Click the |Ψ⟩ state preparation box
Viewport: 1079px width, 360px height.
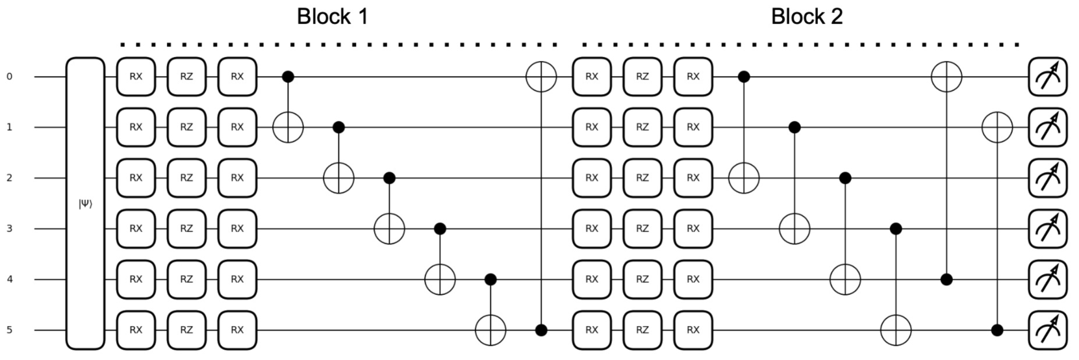point(85,203)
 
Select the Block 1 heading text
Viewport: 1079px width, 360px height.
point(332,16)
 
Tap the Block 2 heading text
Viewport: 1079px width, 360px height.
point(806,16)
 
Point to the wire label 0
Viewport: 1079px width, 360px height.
point(9,77)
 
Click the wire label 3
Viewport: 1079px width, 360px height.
point(9,229)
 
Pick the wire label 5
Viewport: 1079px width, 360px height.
point(9,330)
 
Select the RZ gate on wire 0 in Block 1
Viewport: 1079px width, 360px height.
point(186,77)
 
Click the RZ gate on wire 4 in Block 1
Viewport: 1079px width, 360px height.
point(186,279)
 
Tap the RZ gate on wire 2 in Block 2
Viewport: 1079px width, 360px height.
point(642,178)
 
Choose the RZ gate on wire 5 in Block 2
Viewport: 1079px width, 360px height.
point(642,330)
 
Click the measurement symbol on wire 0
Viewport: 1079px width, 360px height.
point(1047,77)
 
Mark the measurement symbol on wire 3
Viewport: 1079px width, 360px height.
point(1047,229)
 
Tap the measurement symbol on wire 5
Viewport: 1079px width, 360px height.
point(1047,330)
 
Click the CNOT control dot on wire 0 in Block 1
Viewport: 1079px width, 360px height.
point(288,77)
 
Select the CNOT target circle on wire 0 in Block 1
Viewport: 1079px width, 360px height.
point(541,77)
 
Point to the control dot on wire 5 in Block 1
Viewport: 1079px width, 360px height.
point(541,330)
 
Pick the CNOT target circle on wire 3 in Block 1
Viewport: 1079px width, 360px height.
point(389,229)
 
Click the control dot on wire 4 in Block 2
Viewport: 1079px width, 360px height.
point(946,279)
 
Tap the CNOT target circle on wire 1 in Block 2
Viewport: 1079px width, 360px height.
point(997,127)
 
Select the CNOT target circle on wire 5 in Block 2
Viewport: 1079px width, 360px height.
point(896,330)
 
